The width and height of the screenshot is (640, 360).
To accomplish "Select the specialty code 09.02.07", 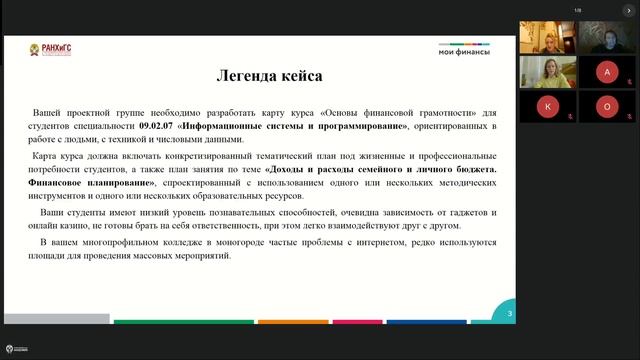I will (x=158, y=127).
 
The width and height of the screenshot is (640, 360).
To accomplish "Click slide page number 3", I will (x=510, y=314).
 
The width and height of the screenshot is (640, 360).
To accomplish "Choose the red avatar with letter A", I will (x=606, y=72).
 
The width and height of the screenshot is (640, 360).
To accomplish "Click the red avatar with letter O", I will (x=606, y=106).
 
